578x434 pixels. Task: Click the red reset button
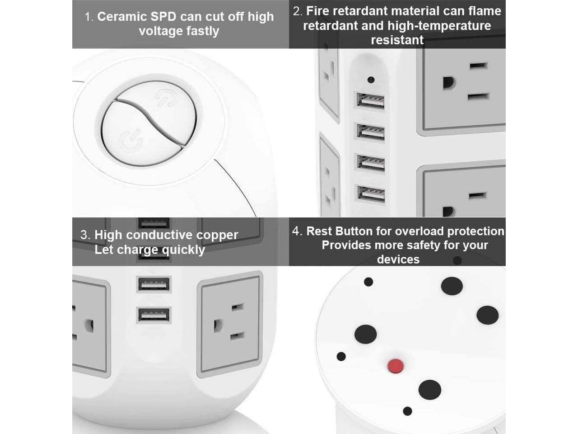click(396, 366)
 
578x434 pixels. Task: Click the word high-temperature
click(439, 26)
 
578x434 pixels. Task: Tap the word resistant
click(397, 40)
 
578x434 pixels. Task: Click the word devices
click(398, 259)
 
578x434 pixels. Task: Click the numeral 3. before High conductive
click(85, 235)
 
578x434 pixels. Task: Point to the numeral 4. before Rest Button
click(297, 231)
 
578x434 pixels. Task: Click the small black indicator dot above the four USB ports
click(371, 80)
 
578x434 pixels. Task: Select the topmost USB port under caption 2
click(371, 100)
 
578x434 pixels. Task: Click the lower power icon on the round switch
click(131, 140)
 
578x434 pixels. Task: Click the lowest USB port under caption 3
click(154, 314)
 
